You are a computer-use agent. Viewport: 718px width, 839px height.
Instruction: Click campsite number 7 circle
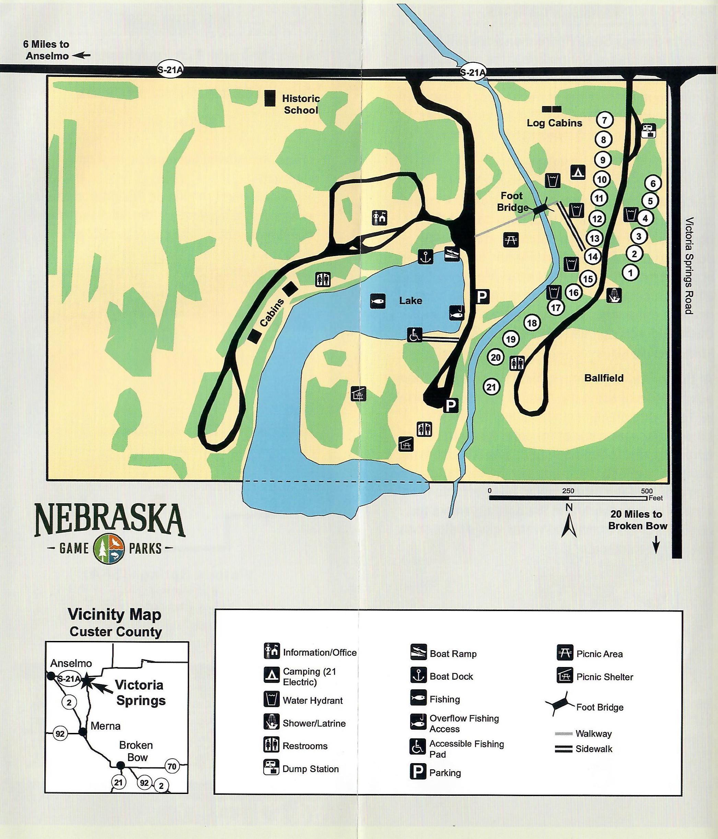coord(605,120)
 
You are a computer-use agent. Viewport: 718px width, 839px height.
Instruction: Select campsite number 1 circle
coord(630,272)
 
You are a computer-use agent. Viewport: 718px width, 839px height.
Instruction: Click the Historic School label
coord(301,104)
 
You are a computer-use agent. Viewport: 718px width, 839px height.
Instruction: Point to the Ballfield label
coord(603,378)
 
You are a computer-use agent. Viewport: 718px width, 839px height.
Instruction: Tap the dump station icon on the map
coord(648,131)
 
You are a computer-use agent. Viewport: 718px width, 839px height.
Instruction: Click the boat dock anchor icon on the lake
coord(425,257)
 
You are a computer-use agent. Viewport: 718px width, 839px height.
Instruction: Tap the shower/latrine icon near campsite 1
coord(614,295)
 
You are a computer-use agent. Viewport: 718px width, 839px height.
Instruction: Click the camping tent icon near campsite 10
coord(578,172)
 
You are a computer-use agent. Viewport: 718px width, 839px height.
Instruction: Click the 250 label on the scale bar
coord(568,491)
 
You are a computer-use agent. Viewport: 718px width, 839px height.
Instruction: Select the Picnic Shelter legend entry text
coord(605,677)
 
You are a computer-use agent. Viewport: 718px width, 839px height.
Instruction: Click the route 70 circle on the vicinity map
coord(172,766)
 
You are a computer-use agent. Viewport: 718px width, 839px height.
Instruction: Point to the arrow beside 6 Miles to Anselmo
coord(83,56)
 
